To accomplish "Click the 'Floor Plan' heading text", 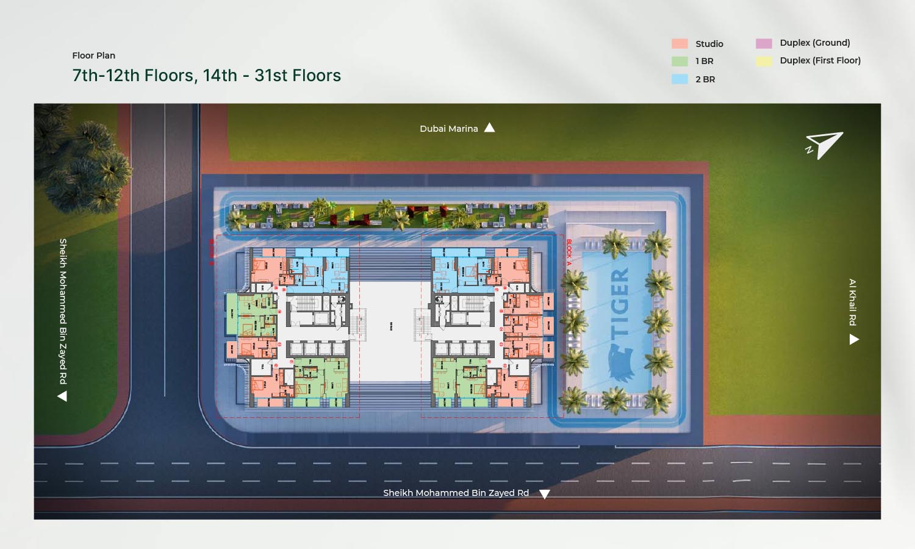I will tap(93, 56).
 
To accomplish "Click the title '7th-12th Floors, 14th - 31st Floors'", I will tap(206, 76).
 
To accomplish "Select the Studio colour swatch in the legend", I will tap(680, 44).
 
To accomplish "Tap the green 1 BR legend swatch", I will tap(680, 61).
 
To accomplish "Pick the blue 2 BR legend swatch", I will tap(680, 79).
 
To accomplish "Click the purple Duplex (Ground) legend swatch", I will tap(764, 43).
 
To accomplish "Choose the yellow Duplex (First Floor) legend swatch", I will tap(764, 61).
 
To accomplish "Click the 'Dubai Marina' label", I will tap(448, 129).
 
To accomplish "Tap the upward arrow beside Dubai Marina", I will tap(489, 127).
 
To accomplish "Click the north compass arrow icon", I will tap(825, 145).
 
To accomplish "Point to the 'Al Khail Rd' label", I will tap(853, 302).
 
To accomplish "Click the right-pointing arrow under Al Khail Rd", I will tap(854, 340).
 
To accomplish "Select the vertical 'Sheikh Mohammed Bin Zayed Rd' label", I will tap(63, 311).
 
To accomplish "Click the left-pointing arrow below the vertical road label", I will tap(62, 396).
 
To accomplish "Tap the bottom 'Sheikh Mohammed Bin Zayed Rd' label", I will tap(456, 493).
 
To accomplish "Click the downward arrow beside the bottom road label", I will tap(545, 494).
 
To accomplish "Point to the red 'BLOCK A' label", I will tap(569, 251).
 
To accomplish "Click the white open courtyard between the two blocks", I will tap(390, 329).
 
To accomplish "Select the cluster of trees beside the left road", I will tap(82, 162).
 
